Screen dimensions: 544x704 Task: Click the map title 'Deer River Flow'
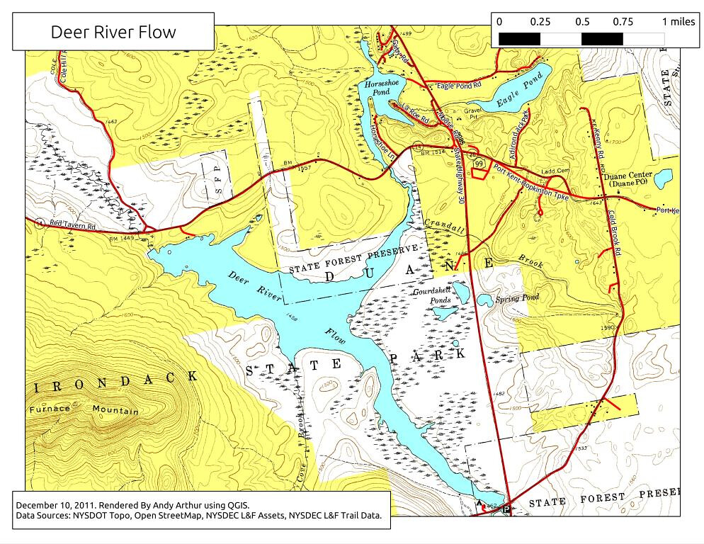[113, 32]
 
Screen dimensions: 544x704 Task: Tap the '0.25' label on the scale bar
[540, 21]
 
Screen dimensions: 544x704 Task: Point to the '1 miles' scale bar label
[679, 21]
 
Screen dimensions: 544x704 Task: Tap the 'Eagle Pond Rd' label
[459, 85]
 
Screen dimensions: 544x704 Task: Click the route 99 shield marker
[479, 164]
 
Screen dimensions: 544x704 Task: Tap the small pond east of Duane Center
[663, 178]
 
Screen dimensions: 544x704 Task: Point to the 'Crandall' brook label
[444, 227]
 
